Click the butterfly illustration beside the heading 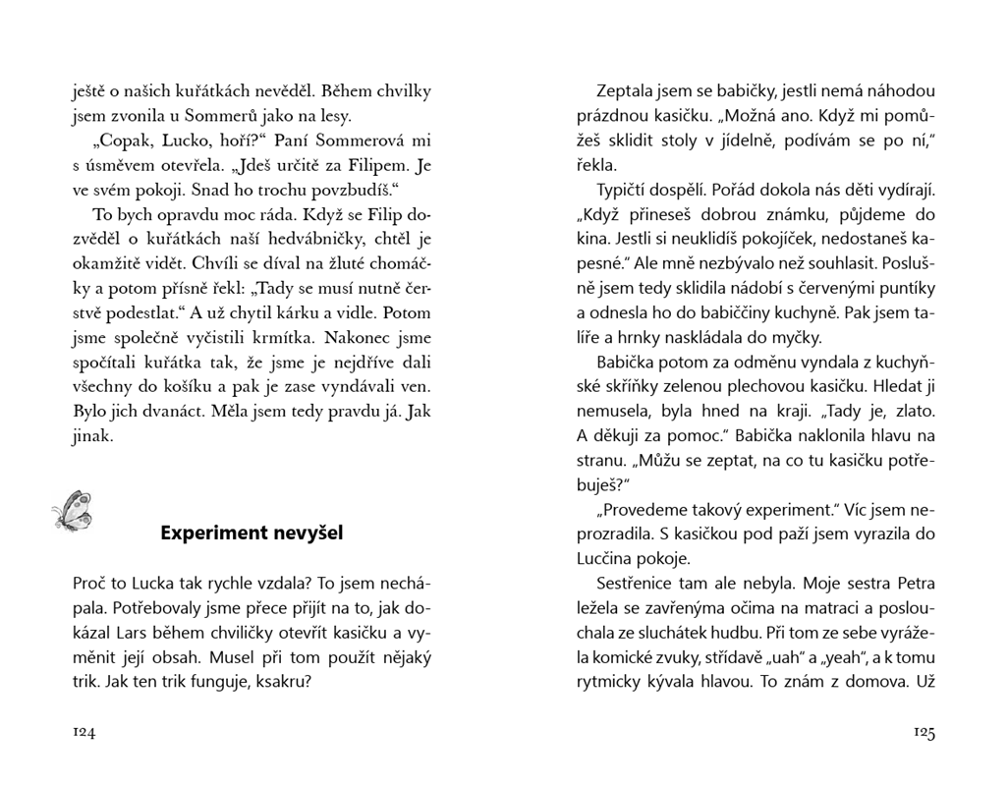pyautogui.click(x=73, y=511)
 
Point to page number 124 pyautogui.click(x=84, y=732)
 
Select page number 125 pyautogui.click(x=924, y=732)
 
